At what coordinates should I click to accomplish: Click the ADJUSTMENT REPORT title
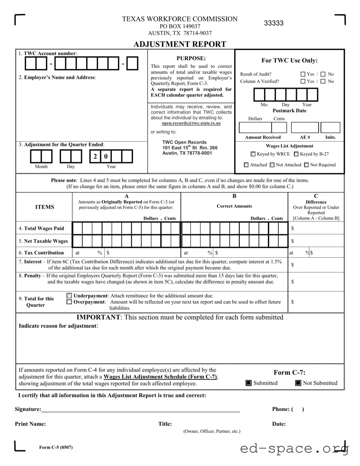tap(180, 44)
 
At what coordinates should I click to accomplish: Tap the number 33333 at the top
tap(274, 23)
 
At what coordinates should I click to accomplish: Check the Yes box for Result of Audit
tap(303, 74)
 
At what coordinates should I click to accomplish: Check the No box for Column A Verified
tap(323, 82)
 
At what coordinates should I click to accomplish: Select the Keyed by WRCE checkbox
tap(253, 154)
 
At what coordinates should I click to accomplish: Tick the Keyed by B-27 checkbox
tap(296, 154)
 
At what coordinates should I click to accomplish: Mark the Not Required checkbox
tap(306, 165)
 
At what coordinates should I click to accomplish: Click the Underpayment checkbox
tap(69, 296)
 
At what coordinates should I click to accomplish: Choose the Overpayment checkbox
tap(69, 302)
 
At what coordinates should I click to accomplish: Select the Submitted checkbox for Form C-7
tap(249, 383)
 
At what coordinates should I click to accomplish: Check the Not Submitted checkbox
tap(298, 383)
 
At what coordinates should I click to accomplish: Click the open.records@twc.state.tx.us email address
tap(191, 123)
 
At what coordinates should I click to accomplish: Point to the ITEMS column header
tap(44, 207)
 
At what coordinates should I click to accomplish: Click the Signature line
tap(141, 409)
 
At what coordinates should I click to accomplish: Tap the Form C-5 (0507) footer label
tap(56, 447)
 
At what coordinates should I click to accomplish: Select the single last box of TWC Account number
tap(133, 64)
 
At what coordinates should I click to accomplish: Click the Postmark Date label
tap(289, 111)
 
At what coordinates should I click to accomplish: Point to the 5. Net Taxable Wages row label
tap(43, 241)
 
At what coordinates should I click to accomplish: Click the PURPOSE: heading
tap(191, 58)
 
